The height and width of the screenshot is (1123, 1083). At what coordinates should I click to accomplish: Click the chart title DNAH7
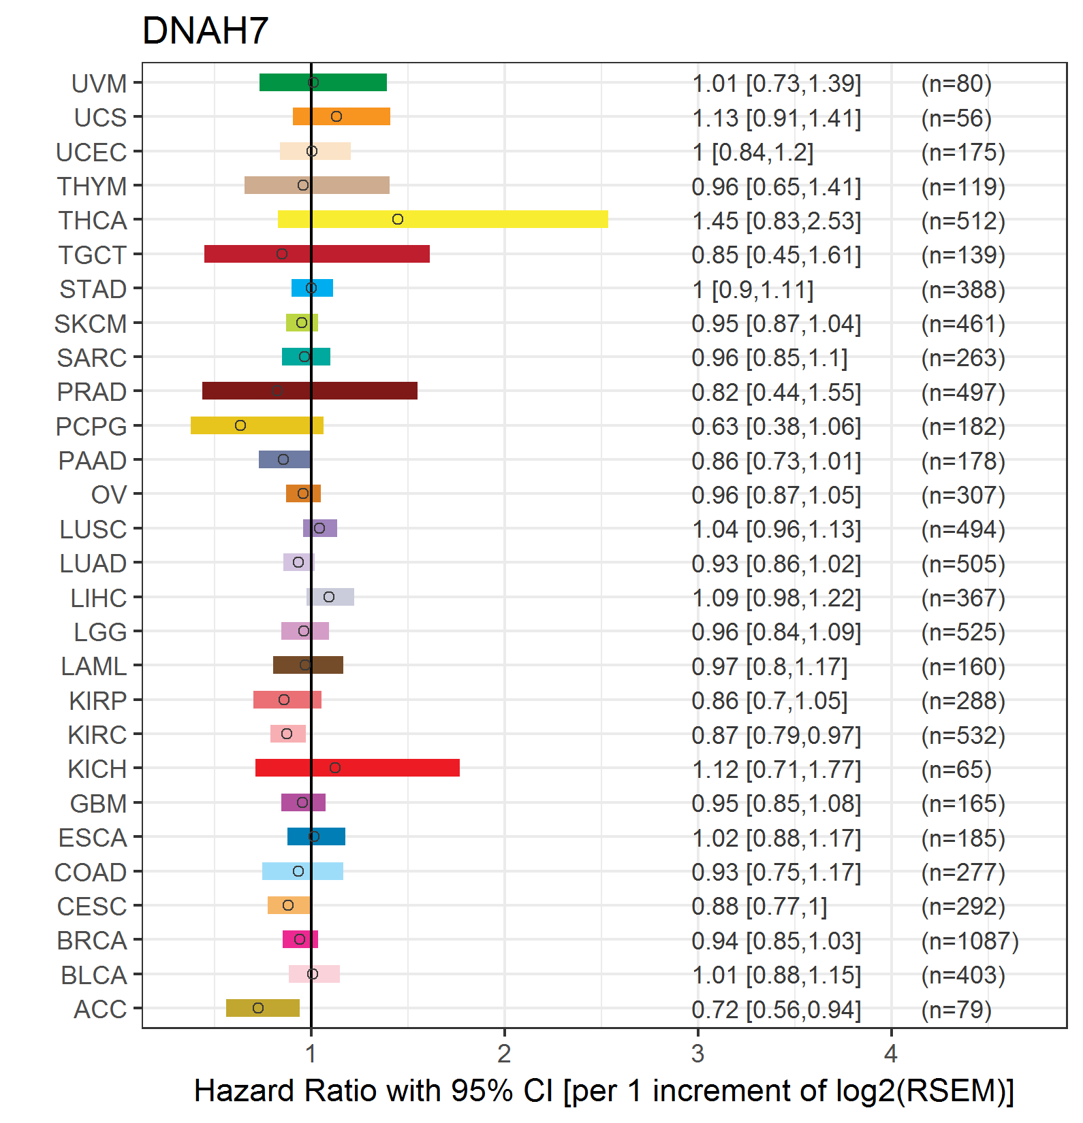[205, 31]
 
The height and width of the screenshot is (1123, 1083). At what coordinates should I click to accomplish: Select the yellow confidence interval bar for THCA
[443, 219]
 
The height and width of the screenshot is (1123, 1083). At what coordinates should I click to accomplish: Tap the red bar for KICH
[358, 768]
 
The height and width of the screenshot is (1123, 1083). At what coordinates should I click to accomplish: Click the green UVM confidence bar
[323, 82]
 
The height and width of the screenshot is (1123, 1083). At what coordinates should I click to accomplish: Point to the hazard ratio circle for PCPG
[240, 425]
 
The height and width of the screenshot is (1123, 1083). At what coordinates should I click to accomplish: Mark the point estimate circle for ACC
[258, 1008]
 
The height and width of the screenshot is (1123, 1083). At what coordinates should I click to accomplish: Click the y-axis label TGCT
[93, 255]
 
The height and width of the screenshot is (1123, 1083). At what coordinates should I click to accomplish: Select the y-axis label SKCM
[91, 324]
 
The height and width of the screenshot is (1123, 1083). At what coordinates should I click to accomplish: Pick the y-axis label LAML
[94, 666]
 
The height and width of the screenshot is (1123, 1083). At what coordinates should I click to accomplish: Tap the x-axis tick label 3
[697, 1054]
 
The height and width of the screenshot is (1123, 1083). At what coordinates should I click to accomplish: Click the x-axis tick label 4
[891, 1054]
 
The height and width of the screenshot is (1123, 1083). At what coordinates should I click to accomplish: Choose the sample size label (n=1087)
[970, 941]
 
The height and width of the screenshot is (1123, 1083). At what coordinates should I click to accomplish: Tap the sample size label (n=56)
[956, 118]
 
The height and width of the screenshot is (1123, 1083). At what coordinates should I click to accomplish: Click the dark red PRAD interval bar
[310, 391]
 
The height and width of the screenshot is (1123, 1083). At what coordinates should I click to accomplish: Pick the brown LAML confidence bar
[308, 665]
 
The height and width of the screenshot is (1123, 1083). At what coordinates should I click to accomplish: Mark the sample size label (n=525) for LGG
[963, 632]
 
